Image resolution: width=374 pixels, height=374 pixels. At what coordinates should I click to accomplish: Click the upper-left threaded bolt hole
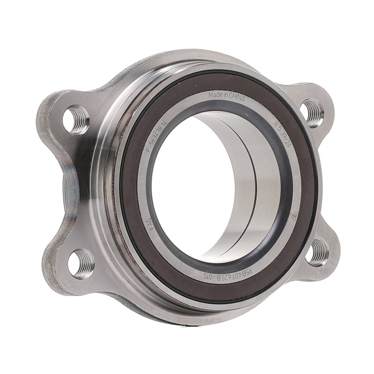point(77,119)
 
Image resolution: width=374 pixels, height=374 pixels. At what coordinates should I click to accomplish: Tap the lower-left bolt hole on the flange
point(82,263)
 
